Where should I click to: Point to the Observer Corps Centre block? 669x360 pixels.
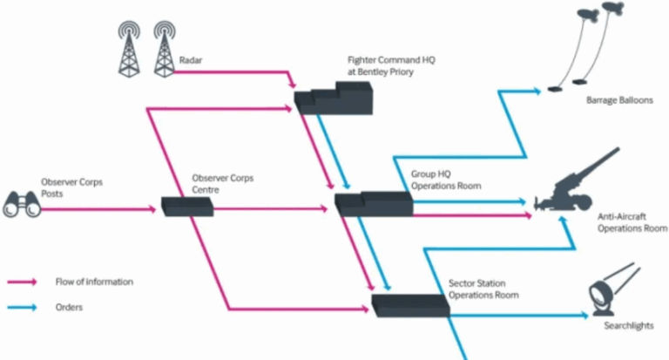click(x=187, y=207)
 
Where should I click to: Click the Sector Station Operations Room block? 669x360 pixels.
click(x=409, y=304)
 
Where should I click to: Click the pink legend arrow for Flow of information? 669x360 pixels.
click(x=23, y=282)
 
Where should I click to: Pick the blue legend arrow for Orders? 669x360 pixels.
click(x=23, y=307)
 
